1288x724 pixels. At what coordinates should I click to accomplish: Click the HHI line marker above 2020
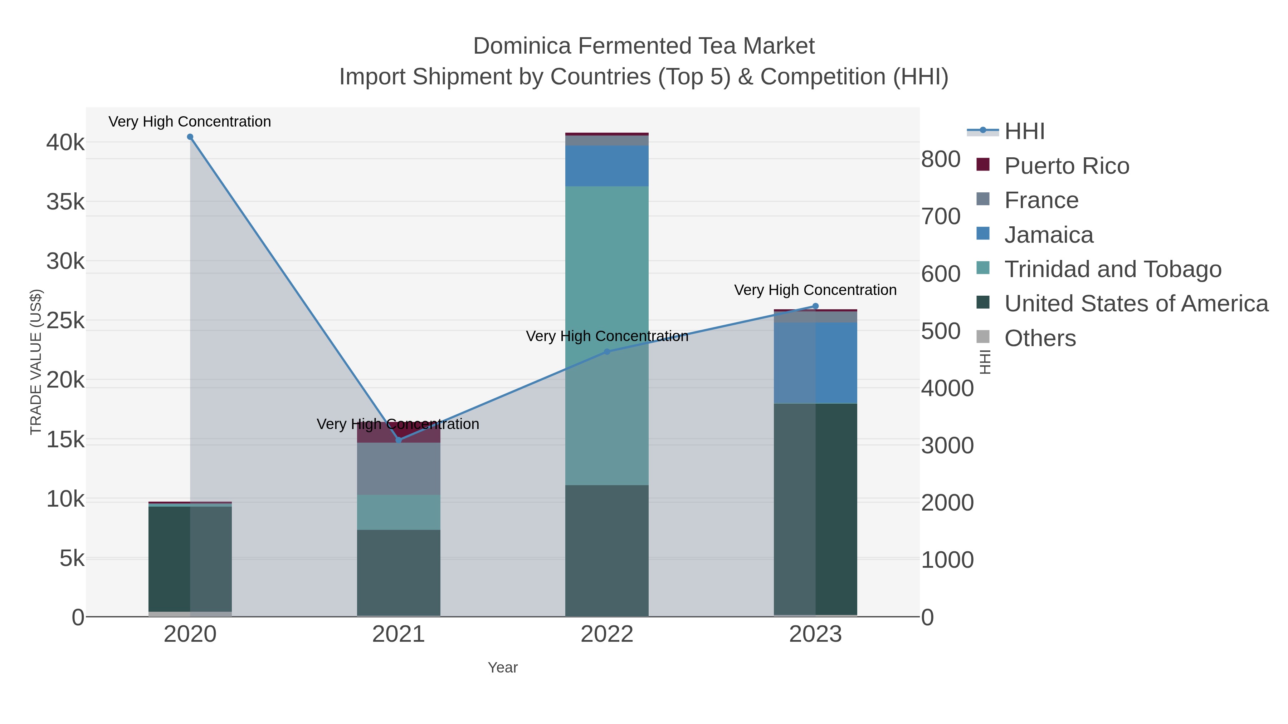tap(190, 137)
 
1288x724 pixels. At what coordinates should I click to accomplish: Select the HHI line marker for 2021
tap(399, 440)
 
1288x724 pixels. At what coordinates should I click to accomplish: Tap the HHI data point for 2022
tap(607, 352)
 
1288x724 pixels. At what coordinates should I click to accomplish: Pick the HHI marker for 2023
tap(815, 306)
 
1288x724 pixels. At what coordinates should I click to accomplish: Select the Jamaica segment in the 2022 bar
tap(607, 166)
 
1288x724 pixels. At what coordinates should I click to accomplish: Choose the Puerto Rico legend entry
tap(1067, 166)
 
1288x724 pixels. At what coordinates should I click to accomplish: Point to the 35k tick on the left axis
tap(65, 202)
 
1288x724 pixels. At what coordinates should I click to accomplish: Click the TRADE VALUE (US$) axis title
tap(36, 362)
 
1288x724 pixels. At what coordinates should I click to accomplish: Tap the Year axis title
tap(503, 668)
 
